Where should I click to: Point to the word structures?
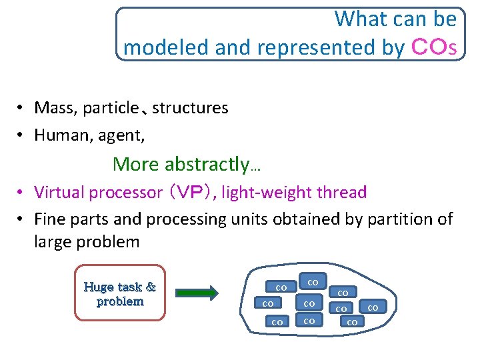190,108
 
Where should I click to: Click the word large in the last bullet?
55,242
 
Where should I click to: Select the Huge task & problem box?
120,294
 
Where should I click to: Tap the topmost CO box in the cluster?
312,281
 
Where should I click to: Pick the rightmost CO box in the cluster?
373,307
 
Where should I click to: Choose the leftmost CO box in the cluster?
267,304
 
